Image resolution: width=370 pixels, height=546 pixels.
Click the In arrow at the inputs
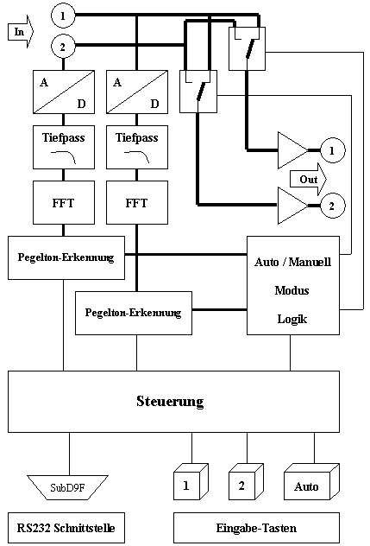click(x=20, y=32)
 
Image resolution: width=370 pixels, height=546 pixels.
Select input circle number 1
click(x=63, y=16)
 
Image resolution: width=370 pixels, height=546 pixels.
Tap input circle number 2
click(x=63, y=47)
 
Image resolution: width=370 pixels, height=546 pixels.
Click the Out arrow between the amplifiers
click(x=308, y=180)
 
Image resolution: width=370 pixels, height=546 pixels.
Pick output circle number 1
click(x=332, y=150)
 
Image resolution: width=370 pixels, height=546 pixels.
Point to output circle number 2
click(x=332, y=206)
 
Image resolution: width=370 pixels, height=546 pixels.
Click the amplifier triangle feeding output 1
click(x=292, y=150)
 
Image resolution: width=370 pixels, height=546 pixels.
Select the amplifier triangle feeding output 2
click(x=292, y=206)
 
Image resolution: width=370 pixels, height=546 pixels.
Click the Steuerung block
click(x=173, y=402)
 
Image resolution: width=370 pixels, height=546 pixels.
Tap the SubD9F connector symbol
click(x=68, y=487)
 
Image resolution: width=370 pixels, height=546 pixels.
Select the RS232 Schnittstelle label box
click(x=66, y=528)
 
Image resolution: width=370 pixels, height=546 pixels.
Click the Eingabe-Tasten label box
click(x=256, y=528)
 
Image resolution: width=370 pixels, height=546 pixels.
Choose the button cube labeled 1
click(x=191, y=482)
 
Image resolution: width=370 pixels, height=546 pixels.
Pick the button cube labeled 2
click(x=246, y=482)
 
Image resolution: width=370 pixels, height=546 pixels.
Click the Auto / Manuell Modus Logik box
click(x=293, y=286)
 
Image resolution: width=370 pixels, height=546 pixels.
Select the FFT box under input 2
click(x=64, y=203)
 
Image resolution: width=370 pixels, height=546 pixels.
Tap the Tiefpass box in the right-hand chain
click(x=137, y=147)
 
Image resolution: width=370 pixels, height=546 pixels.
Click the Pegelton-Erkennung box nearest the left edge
click(x=66, y=258)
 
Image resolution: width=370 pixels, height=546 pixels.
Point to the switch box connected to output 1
click(x=247, y=48)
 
